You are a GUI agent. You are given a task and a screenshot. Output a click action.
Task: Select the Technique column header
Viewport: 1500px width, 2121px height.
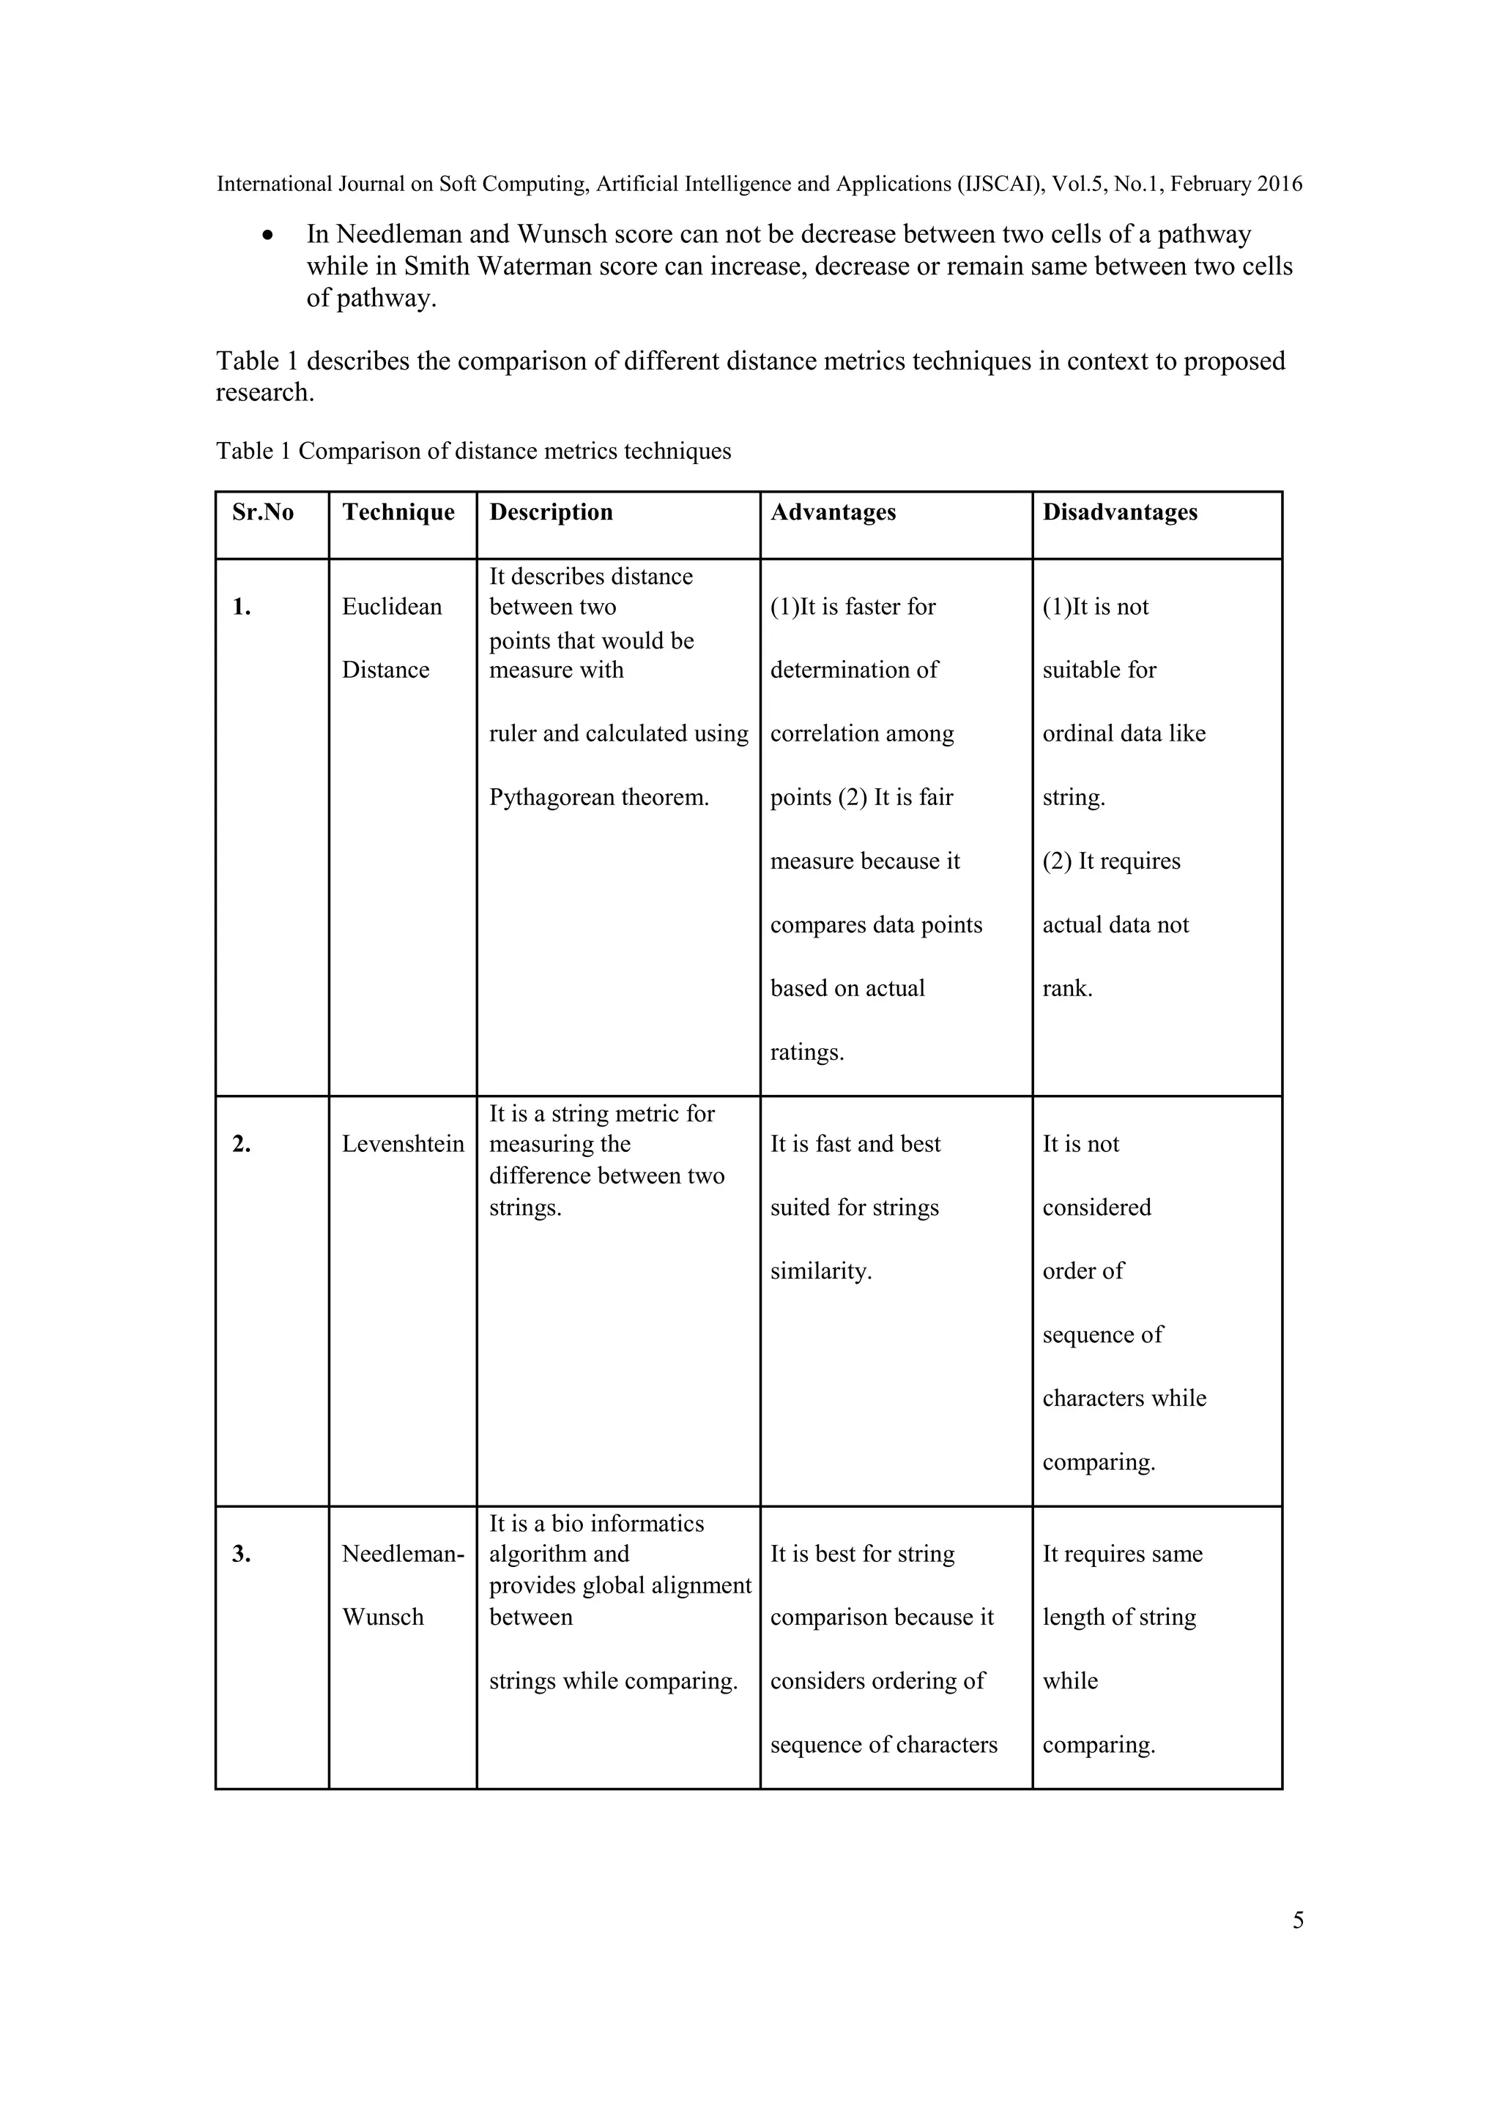(398, 513)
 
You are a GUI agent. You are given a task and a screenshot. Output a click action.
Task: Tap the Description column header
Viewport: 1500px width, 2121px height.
(551, 513)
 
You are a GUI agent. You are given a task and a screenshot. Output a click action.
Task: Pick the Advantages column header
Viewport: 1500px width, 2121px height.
(833, 513)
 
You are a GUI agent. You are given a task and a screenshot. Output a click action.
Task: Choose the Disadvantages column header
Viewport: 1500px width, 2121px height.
(1119, 513)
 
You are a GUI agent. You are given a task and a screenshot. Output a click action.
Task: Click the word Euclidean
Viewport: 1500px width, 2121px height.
(392, 607)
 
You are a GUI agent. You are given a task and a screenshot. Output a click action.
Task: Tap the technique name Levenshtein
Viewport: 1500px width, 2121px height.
(403, 1145)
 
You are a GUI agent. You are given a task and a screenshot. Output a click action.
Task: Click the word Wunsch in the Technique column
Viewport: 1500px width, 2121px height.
(382, 1617)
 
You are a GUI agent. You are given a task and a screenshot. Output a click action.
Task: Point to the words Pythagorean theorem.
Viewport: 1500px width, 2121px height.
(599, 797)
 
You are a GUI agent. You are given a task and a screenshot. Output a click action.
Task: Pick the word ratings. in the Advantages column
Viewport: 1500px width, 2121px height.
(807, 1052)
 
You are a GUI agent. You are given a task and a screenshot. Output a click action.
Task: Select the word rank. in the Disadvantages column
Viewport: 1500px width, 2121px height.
(1067, 989)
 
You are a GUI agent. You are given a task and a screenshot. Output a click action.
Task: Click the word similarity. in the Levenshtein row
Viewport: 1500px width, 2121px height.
(821, 1271)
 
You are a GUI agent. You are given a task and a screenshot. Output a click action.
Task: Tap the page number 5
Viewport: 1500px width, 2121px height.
(1298, 1920)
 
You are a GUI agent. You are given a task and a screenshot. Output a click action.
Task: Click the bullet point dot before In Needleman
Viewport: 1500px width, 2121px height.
(268, 236)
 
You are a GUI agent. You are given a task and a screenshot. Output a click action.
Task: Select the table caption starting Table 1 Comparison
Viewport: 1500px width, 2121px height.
(473, 451)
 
